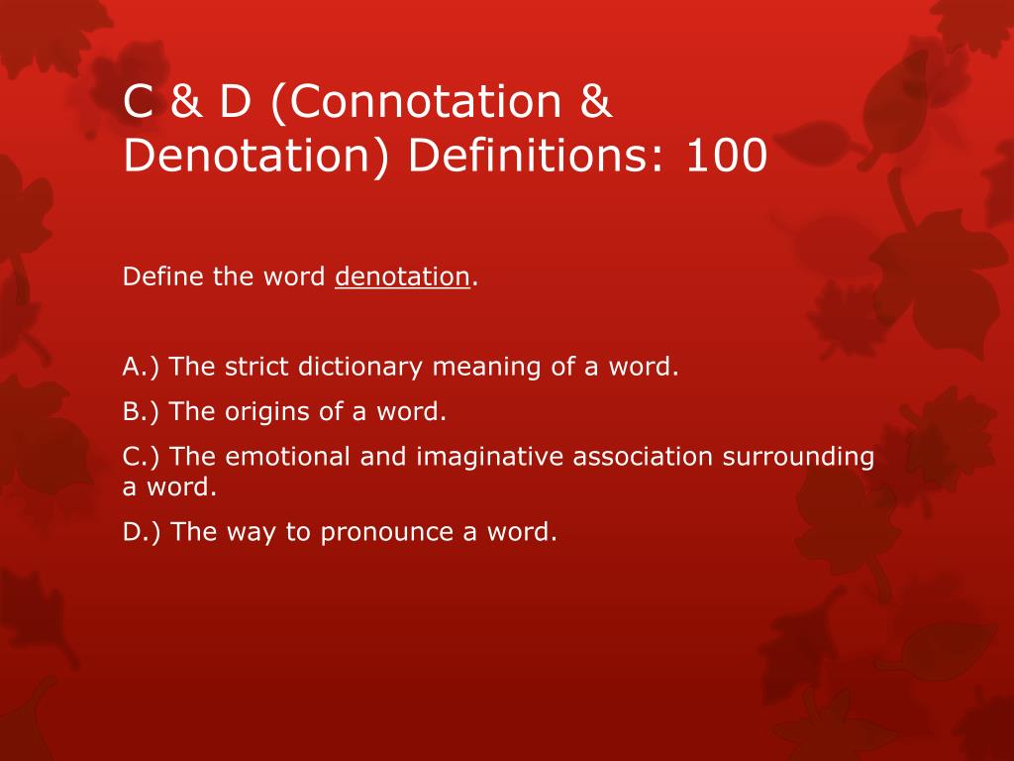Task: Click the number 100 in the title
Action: pos(726,157)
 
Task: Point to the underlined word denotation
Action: pos(402,277)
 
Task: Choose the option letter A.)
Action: pos(142,367)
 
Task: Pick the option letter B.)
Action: pos(142,411)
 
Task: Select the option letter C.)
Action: pos(142,457)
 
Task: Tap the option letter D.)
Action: pos(143,532)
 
